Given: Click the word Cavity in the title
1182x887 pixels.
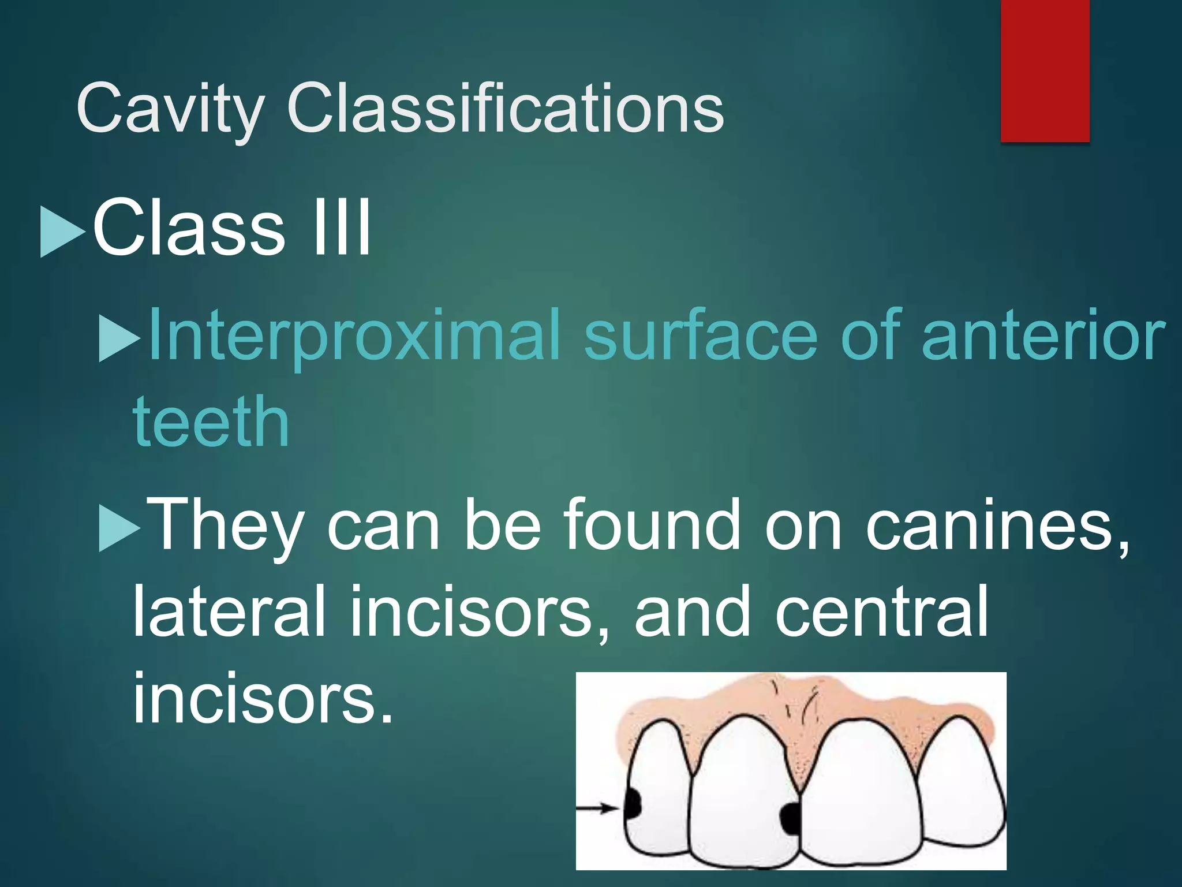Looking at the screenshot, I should coord(170,109).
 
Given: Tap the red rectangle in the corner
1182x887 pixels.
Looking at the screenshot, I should coord(1045,70).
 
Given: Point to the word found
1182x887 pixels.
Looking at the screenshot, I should coord(652,524).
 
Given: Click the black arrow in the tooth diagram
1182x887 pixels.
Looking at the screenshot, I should coord(598,808).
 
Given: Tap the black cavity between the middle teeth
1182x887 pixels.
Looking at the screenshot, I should coord(790,818).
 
